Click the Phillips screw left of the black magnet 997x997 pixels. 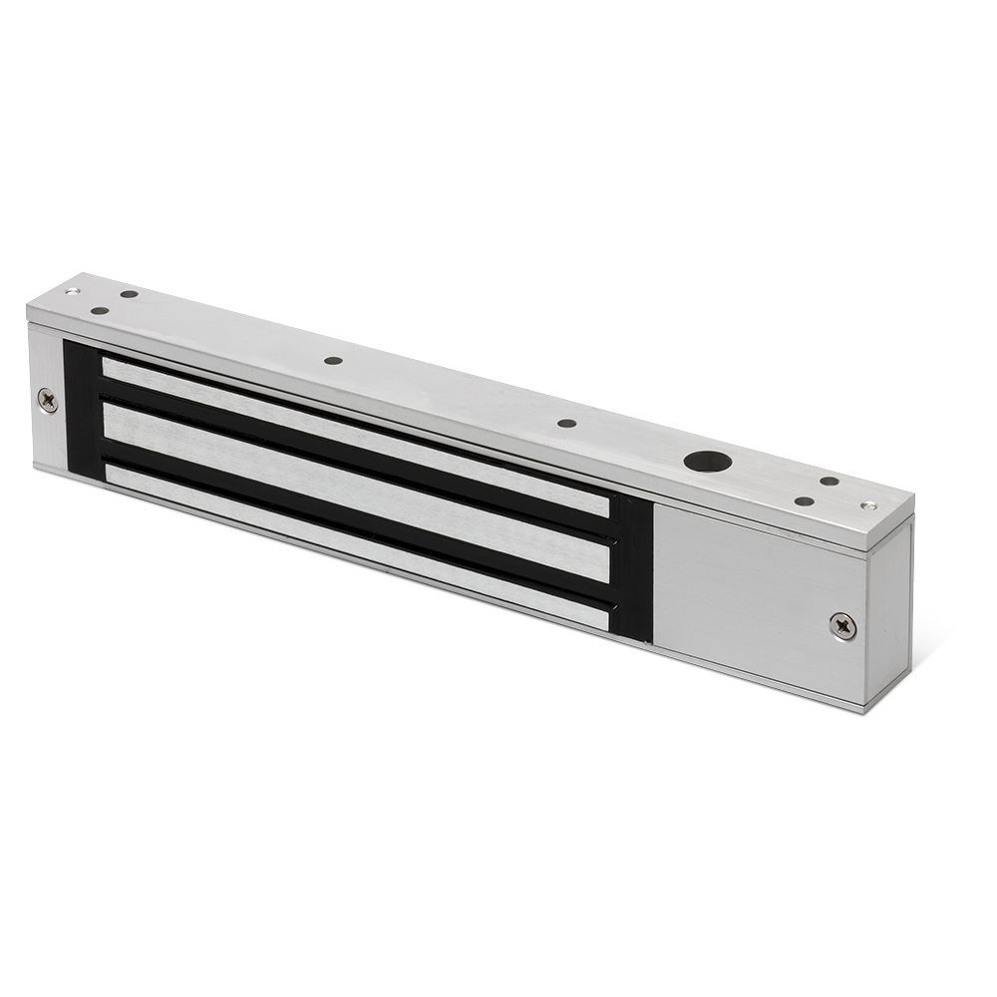(x=47, y=400)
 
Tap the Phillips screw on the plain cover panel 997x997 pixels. (x=842, y=625)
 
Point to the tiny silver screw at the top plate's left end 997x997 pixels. (x=71, y=291)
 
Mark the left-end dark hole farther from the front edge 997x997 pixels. (x=129, y=295)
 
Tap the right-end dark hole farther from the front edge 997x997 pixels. (x=829, y=482)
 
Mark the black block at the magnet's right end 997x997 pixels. (x=632, y=568)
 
